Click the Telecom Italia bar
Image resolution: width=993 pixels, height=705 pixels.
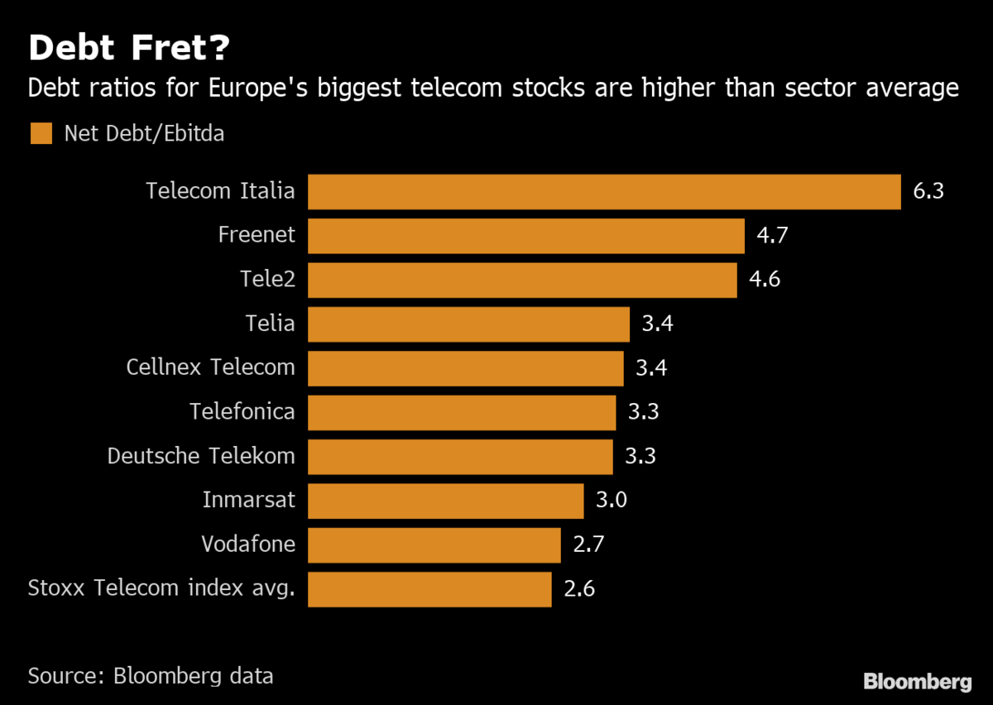[x=604, y=191]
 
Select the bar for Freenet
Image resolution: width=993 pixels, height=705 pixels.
[x=526, y=236]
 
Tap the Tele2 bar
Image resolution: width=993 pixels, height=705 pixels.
[x=522, y=280]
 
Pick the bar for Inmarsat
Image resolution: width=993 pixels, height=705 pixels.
[x=446, y=501]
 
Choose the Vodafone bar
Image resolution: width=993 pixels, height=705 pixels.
[x=434, y=545]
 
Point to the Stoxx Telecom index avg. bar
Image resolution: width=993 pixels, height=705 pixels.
[x=429, y=589]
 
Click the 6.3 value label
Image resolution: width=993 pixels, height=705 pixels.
[x=928, y=191]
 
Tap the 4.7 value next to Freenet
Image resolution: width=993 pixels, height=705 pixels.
[x=772, y=236]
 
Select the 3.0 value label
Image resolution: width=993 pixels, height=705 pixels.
[x=612, y=501]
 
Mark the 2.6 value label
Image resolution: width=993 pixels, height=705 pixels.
[x=579, y=589]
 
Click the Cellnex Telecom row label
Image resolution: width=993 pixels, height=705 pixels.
[x=210, y=367]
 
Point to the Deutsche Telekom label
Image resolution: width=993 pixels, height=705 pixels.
[x=201, y=456]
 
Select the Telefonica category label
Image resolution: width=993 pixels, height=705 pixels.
[x=242, y=411]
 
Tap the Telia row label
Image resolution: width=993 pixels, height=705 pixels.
[x=270, y=324]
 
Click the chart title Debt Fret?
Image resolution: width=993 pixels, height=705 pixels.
[x=129, y=49]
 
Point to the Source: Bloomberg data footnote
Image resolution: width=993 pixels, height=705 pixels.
[x=151, y=675]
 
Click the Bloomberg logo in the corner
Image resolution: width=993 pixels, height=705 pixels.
[x=917, y=682]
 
